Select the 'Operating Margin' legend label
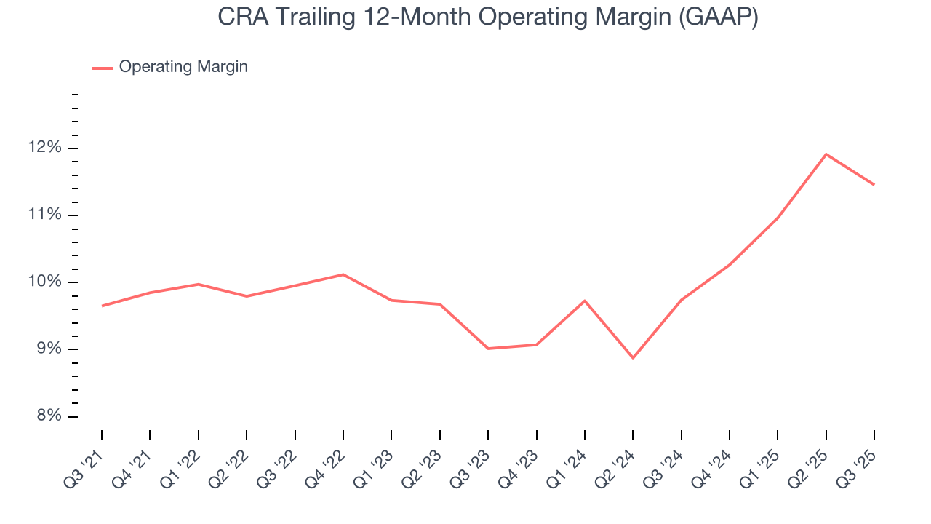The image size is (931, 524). (x=183, y=67)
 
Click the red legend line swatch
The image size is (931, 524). (x=102, y=68)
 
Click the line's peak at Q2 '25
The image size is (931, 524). (x=826, y=154)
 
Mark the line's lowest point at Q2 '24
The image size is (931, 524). (x=633, y=358)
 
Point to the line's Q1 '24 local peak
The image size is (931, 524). (x=585, y=301)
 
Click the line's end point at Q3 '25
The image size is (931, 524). (x=874, y=185)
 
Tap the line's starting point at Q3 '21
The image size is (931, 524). (x=102, y=306)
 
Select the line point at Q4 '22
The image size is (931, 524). (x=343, y=274)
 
